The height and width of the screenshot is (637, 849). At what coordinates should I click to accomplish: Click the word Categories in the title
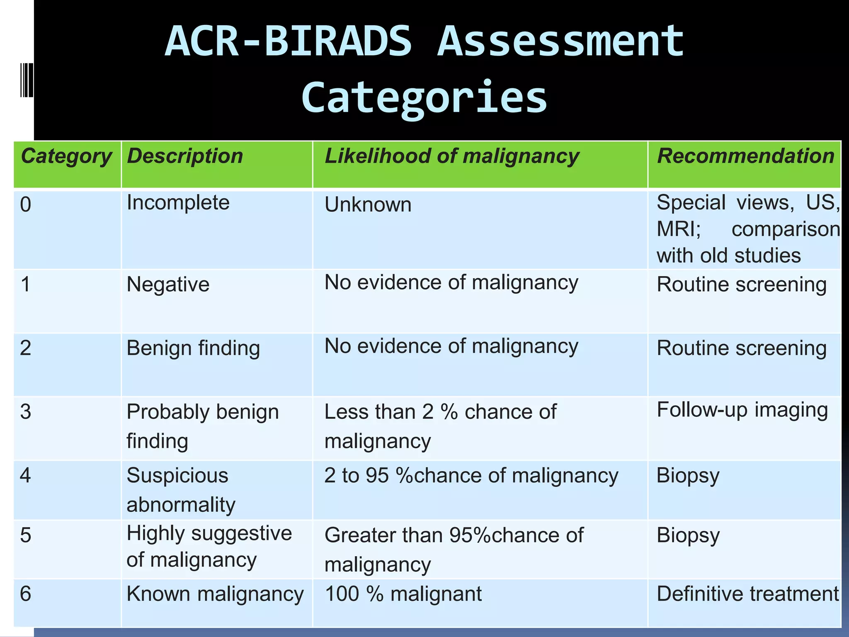pyautogui.click(x=424, y=97)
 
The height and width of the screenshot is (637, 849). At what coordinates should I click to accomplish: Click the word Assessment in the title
pyautogui.click(x=560, y=41)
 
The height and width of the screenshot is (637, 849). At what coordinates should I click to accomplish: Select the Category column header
pyautogui.click(x=66, y=157)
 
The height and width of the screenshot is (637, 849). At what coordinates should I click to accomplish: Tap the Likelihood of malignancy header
pyautogui.click(x=451, y=157)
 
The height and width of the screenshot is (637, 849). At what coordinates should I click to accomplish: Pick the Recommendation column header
pyautogui.click(x=745, y=156)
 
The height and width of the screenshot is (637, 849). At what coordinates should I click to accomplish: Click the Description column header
pyautogui.click(x=185, y=157)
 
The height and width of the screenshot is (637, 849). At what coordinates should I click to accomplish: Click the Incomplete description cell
pyautogui.click(x=178, y=203)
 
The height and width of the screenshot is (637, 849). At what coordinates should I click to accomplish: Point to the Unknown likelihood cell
pyautogui.click(x=368, y=205)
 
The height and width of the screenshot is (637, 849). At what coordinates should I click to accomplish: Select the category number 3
pyautogui.click(x=26, y=412)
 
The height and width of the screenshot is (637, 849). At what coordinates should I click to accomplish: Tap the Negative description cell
pyautogui.click(x=168, y=284)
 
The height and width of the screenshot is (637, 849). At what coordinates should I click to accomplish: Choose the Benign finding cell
pyautogui.click(x=193, y=348)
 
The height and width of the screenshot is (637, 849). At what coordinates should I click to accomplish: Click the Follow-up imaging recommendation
pyautogui.click(x=742, y=410)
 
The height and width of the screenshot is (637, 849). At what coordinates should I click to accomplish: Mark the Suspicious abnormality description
pyautogui.click(x=181, y=490)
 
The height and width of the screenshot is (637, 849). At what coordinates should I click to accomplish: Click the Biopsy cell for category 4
pyautogui.click(x=688, y=476)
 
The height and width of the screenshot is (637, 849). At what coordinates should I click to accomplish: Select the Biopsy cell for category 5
pyautogui.click(x=688, y=535)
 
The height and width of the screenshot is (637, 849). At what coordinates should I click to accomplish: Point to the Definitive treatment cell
pyautogui.click(x=747, y=594)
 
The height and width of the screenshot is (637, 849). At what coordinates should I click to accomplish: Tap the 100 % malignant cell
pyautogui.click(x=403, y=594)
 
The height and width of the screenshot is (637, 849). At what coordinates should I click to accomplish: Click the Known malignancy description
pyautogui.click(x=215, y=594)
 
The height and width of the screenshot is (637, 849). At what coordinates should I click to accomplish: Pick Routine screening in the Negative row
pyautogui.click(x=741, y=284)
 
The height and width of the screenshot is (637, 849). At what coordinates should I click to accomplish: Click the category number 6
pyautogui.click(x=26, y=594)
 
